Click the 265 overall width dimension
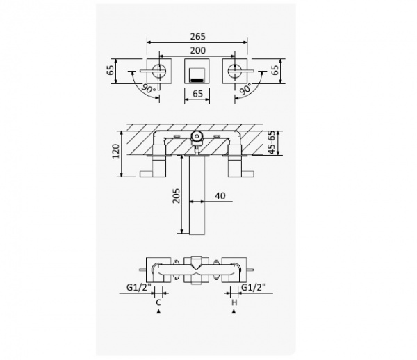click(x=198, y=36)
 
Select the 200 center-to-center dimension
click(x=198, y=50)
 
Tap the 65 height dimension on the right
click(x=275, y=70)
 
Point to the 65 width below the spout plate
click(x=197, y=94)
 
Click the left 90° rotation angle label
click(x=149, y=88)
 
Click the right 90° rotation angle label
click(x=245, y=89)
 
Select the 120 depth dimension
click(x=116, y=152)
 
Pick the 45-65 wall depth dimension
click(x=272, y=142)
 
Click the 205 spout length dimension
click(x=176, y=196)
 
